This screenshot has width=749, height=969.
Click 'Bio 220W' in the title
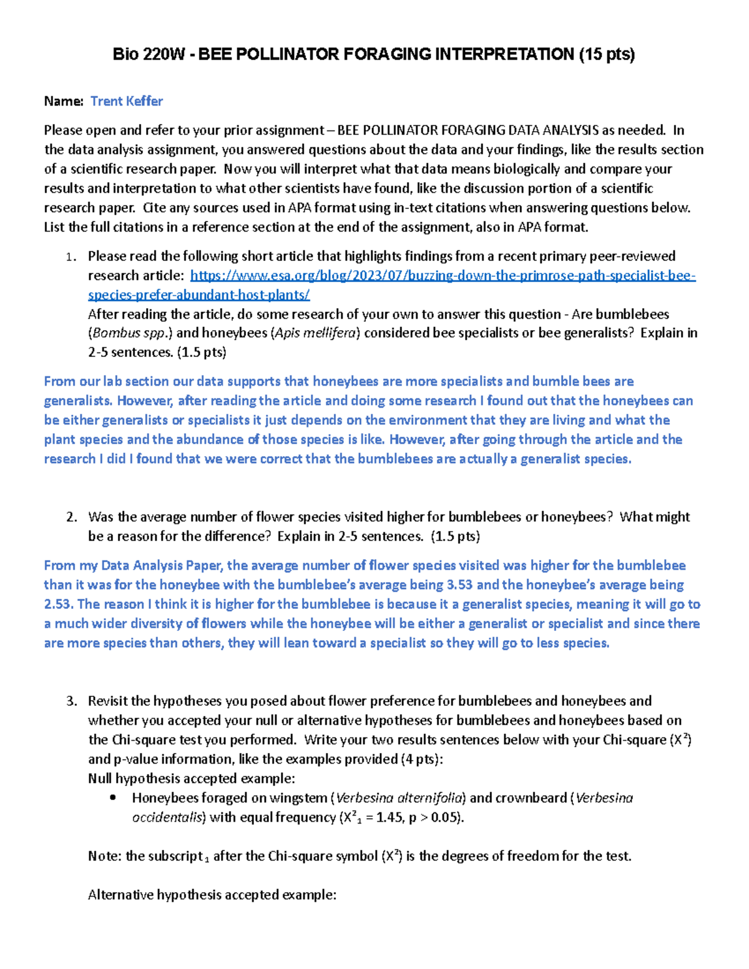149,55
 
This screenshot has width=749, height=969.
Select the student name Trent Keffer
127,101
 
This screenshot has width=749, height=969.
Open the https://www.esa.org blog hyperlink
443,276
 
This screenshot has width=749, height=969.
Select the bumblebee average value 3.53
460,585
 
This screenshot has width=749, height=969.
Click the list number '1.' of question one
71,256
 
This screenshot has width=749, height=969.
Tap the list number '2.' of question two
71,517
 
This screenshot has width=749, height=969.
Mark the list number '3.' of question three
71,701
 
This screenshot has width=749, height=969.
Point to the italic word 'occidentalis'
168,817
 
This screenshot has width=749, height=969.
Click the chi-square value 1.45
389,817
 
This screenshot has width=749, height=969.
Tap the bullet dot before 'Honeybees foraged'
113,798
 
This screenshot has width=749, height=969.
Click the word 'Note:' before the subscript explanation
105,856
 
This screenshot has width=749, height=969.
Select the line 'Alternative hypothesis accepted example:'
212,895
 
